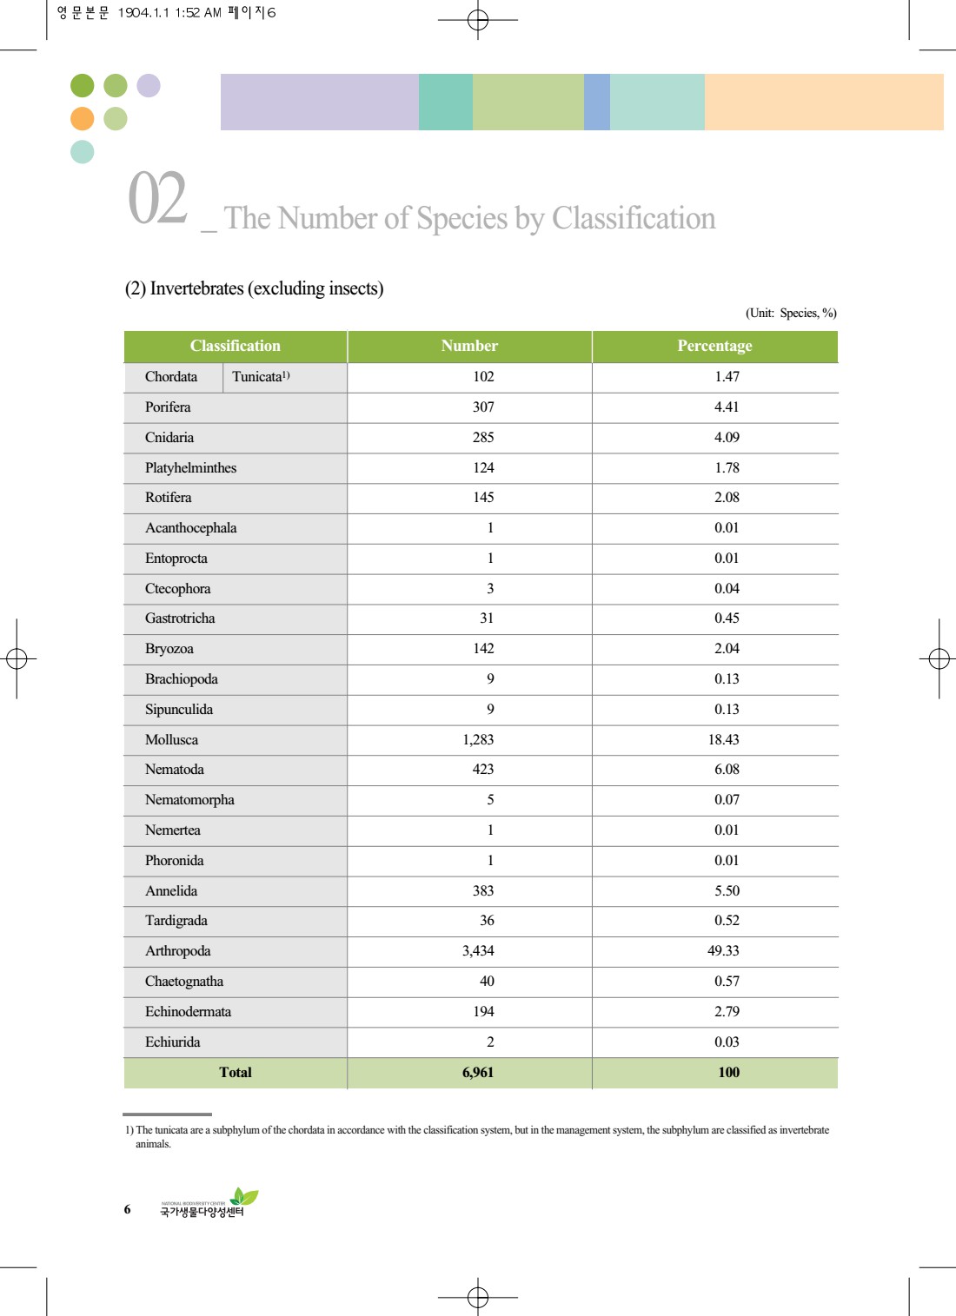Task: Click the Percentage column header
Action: coord(714,346)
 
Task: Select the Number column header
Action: coord(469,346)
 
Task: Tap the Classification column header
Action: coord(236,346)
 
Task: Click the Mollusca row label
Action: coord(172,739)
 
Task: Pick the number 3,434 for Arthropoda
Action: coord(478,950)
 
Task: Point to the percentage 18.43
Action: coord(723,739)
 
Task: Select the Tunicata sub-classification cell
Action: coord(261,377)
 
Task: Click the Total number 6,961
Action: coord(478,1072)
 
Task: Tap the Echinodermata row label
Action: coord(188,1011)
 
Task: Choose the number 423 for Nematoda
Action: coord(483,769)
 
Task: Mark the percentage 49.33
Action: coord(723,950)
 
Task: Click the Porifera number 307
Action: coord(483,407)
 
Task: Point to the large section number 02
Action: coord(157,198)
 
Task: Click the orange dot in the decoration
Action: coord(83,119)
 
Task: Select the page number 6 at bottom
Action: coord(127,1208)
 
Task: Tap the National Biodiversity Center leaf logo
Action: coord(244,1196)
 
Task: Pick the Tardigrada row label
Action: coord(176,920)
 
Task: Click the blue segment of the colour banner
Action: coord(597,102)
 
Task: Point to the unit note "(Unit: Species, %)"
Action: coord(791,313)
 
